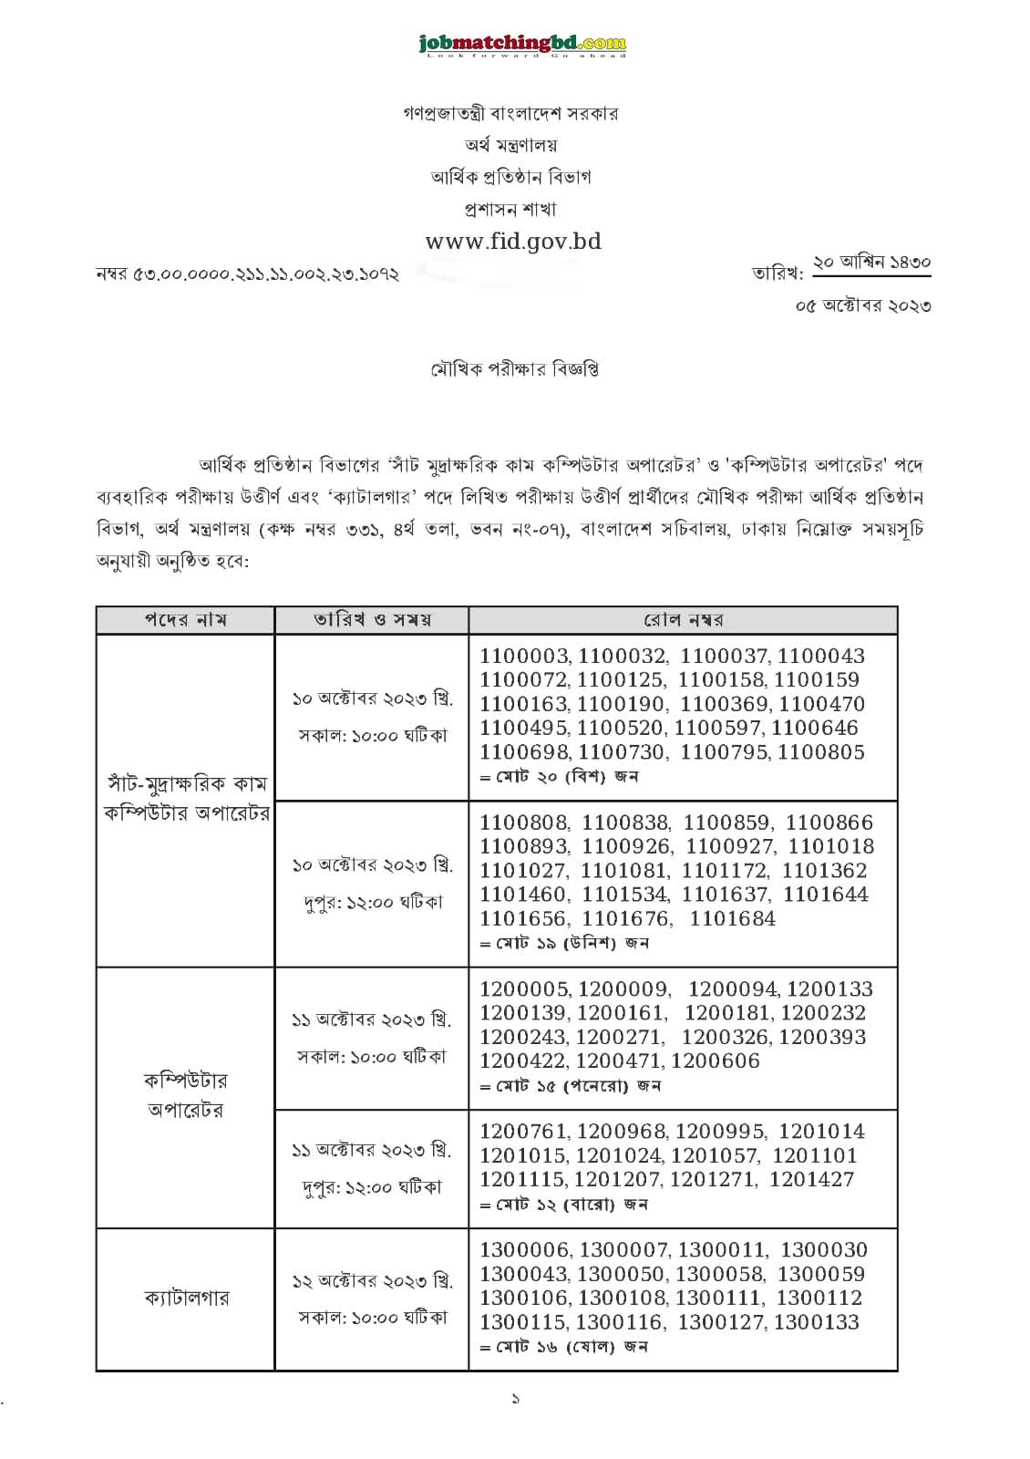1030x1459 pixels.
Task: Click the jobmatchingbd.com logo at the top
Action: coord(522,44)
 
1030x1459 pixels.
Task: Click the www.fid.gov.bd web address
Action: coord(513,242)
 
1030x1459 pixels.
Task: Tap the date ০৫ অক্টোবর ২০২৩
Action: coord(863,305)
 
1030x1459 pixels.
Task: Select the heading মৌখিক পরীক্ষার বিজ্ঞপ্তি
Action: coord(514,369)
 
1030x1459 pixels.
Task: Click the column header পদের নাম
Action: coord(185,620)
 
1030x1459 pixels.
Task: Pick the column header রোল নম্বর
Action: coord(683,620)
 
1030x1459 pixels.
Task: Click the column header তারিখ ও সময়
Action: coord(372,620)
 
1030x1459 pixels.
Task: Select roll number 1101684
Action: coord(733,918)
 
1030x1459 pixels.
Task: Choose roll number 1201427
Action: coord(811,1179)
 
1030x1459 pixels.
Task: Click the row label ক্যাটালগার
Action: coord(186,1298)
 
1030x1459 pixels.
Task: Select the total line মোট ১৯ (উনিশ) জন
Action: coord(565,943)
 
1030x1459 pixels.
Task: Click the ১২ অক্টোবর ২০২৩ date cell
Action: coord(372,1280)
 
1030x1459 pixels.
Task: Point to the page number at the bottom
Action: coord(515,1398)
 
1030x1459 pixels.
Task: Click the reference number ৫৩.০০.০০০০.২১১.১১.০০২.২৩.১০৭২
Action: coord(247,274)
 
